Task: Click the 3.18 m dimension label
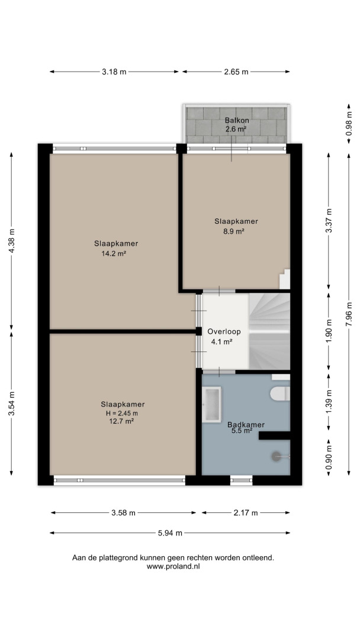(114, 72)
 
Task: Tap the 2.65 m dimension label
(236, 72)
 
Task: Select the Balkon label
(236, 121)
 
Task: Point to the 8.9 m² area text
(236, 231)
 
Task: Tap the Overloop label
(223, 332)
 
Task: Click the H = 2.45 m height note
(123, 413)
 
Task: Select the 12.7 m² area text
(123, 421)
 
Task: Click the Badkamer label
(246, 425)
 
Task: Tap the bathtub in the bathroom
(212, 404)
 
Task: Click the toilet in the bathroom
(281, 393)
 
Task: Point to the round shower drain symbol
(277, 456)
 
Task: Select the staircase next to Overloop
(269, 331)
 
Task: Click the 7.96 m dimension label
(349, 314)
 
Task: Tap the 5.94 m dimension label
(170, 532)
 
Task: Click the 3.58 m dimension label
(123, 513)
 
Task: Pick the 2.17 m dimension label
(246, 513)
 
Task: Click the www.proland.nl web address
(173, 566)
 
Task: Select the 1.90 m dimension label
(329, 332)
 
